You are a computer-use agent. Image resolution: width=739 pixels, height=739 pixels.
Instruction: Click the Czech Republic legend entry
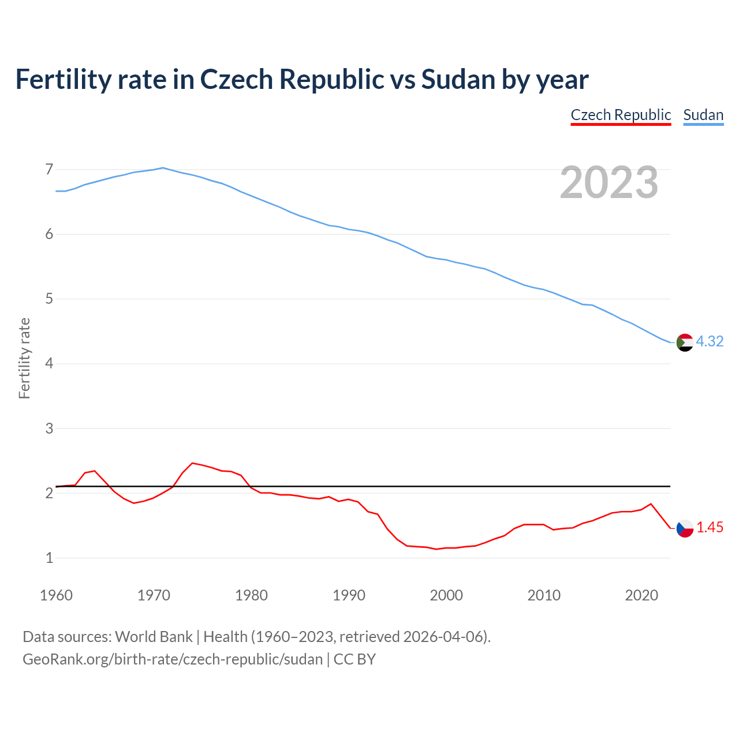pyautogui.click(x=621, y=115)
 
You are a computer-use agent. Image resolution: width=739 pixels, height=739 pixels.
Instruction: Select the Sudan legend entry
pyautogui.click(x=703, y=115)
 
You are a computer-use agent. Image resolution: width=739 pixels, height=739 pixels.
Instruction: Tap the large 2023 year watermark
pyautogui.click(x=609, y=182)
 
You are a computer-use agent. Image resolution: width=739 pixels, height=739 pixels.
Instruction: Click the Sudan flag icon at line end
pyautogui.click(x=685, y=342)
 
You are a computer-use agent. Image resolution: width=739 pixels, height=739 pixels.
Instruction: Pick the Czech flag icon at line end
pyautogui.click(x=685, y=528)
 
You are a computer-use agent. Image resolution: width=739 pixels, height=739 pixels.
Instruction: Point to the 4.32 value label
pyautogui.click(x=710, y=341)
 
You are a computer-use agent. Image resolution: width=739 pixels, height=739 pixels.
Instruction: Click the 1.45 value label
pyautogui.click(x=710, y=527)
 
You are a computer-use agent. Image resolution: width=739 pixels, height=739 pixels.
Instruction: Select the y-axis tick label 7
pyautogui.click(x=49, y=169)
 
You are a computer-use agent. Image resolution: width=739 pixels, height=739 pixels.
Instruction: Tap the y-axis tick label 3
pyautogui.click(x=49, y=428)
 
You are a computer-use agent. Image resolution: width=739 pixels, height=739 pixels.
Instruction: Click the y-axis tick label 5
pyautogui.click(x=49, y=299)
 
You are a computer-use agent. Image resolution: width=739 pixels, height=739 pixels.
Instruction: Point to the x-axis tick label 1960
pyautogui.click(x=56, y=595)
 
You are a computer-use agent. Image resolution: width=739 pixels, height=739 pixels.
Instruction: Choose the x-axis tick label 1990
pyautogui.click(x=349, y=595)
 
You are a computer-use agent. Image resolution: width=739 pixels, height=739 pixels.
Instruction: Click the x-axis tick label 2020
pyautogui.click(x=641, y=595)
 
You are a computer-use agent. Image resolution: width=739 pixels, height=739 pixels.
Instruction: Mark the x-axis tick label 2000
pyautogui.click(x=446, y=595)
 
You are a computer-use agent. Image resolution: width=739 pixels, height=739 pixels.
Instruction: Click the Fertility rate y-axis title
pyautogui.click(x=24, y=358)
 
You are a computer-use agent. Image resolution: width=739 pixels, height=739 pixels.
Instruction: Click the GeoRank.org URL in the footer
pyautogui.click(x=173, y=659)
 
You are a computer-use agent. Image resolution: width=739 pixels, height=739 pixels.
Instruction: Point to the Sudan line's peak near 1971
pyautogui.click(x=163, y=167)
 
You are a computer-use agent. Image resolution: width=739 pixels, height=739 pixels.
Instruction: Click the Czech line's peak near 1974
pyautogui.click(x=192, y=463)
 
